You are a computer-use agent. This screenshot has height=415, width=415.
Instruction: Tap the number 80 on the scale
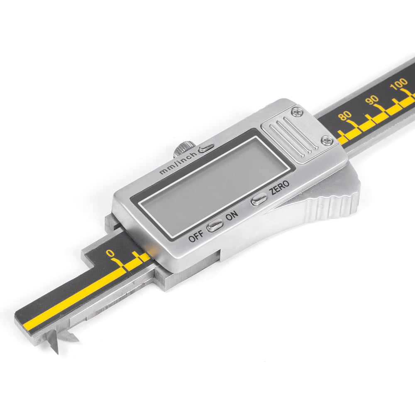pyautogui.click(x=345, y=116)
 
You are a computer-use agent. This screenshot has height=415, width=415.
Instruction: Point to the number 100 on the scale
pyautogui.click(x=399, y=84)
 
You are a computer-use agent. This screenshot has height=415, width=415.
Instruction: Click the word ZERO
pyautogui.click(x=279, y=187)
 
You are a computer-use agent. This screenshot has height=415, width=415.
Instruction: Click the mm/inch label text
pyautogui.click(x=178, y=163)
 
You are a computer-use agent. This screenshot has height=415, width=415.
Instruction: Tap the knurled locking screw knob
pyautogui.click(x=184, y=149)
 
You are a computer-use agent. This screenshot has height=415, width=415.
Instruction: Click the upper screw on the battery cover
pyautogui.click(x=297, y=112)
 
